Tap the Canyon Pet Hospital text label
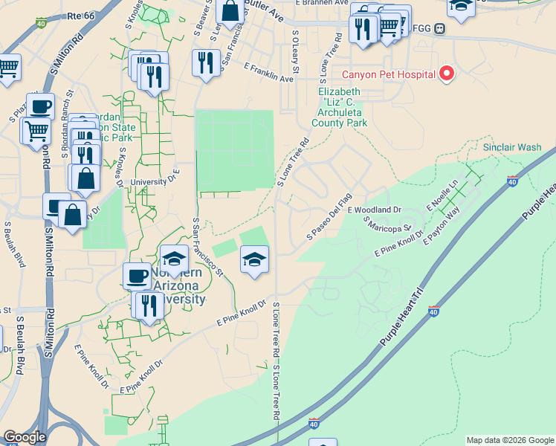point(388,74)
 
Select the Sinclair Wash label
point(512,147)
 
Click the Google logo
point(25,437)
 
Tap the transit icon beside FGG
point(440,29)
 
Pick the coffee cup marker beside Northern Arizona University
point(137,276)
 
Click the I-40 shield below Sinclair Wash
point(512,181)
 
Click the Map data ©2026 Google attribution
point(510,440)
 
